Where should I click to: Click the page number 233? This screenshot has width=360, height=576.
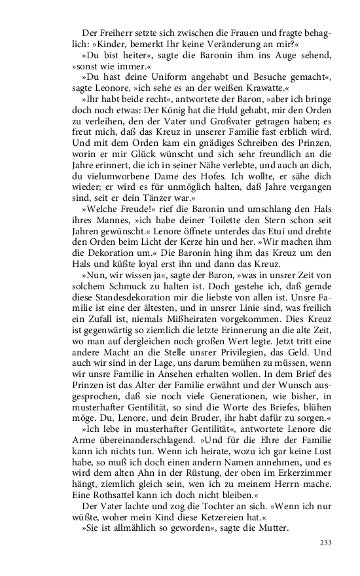pos(326,543)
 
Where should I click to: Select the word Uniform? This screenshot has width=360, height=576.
pos(151,76)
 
